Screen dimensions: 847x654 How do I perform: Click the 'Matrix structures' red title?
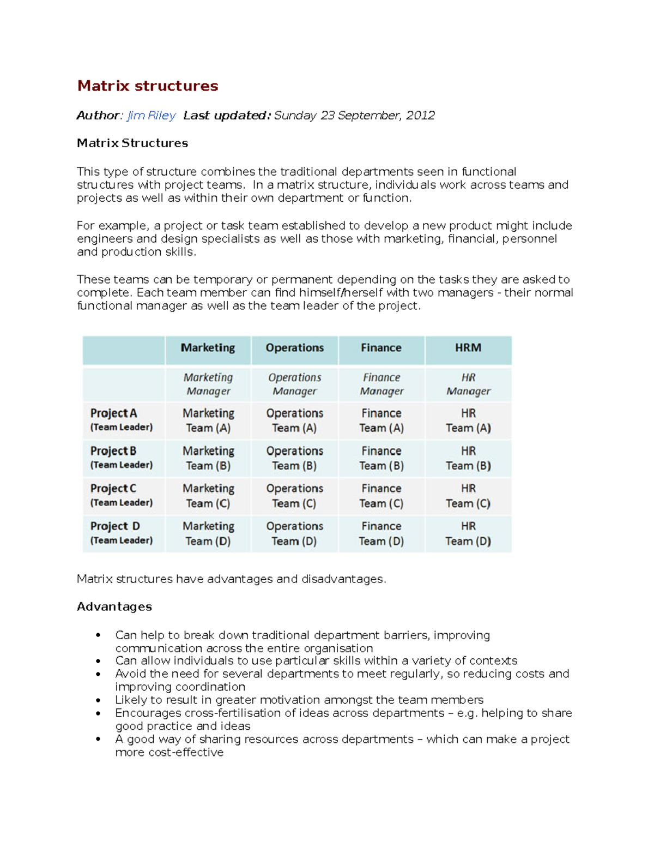tap(147, 86)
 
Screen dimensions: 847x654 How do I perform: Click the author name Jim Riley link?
tap(151, 115)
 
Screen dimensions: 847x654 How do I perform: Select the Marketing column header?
tap(208, 348)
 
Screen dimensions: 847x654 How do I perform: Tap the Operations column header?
tap(294, 348)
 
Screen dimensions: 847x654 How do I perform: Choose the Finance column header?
tap(381, 348)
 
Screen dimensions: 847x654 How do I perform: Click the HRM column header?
tap(468, 348)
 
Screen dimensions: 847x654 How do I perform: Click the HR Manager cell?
tap(468, 384)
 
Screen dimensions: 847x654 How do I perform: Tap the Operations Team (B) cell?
tap(294, 458)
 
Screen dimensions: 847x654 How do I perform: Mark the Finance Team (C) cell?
tap(381, 496)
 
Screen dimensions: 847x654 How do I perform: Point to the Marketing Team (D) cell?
tap(208, 533)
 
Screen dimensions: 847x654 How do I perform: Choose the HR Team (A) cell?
tap(468, 421)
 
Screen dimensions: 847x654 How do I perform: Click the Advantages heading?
tap(114, 606)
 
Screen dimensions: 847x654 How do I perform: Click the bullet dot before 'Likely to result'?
tap(98, 700)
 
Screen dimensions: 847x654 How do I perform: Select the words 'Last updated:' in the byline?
tap(227, 115)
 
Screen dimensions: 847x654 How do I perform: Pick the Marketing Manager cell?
tap(208, 384)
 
